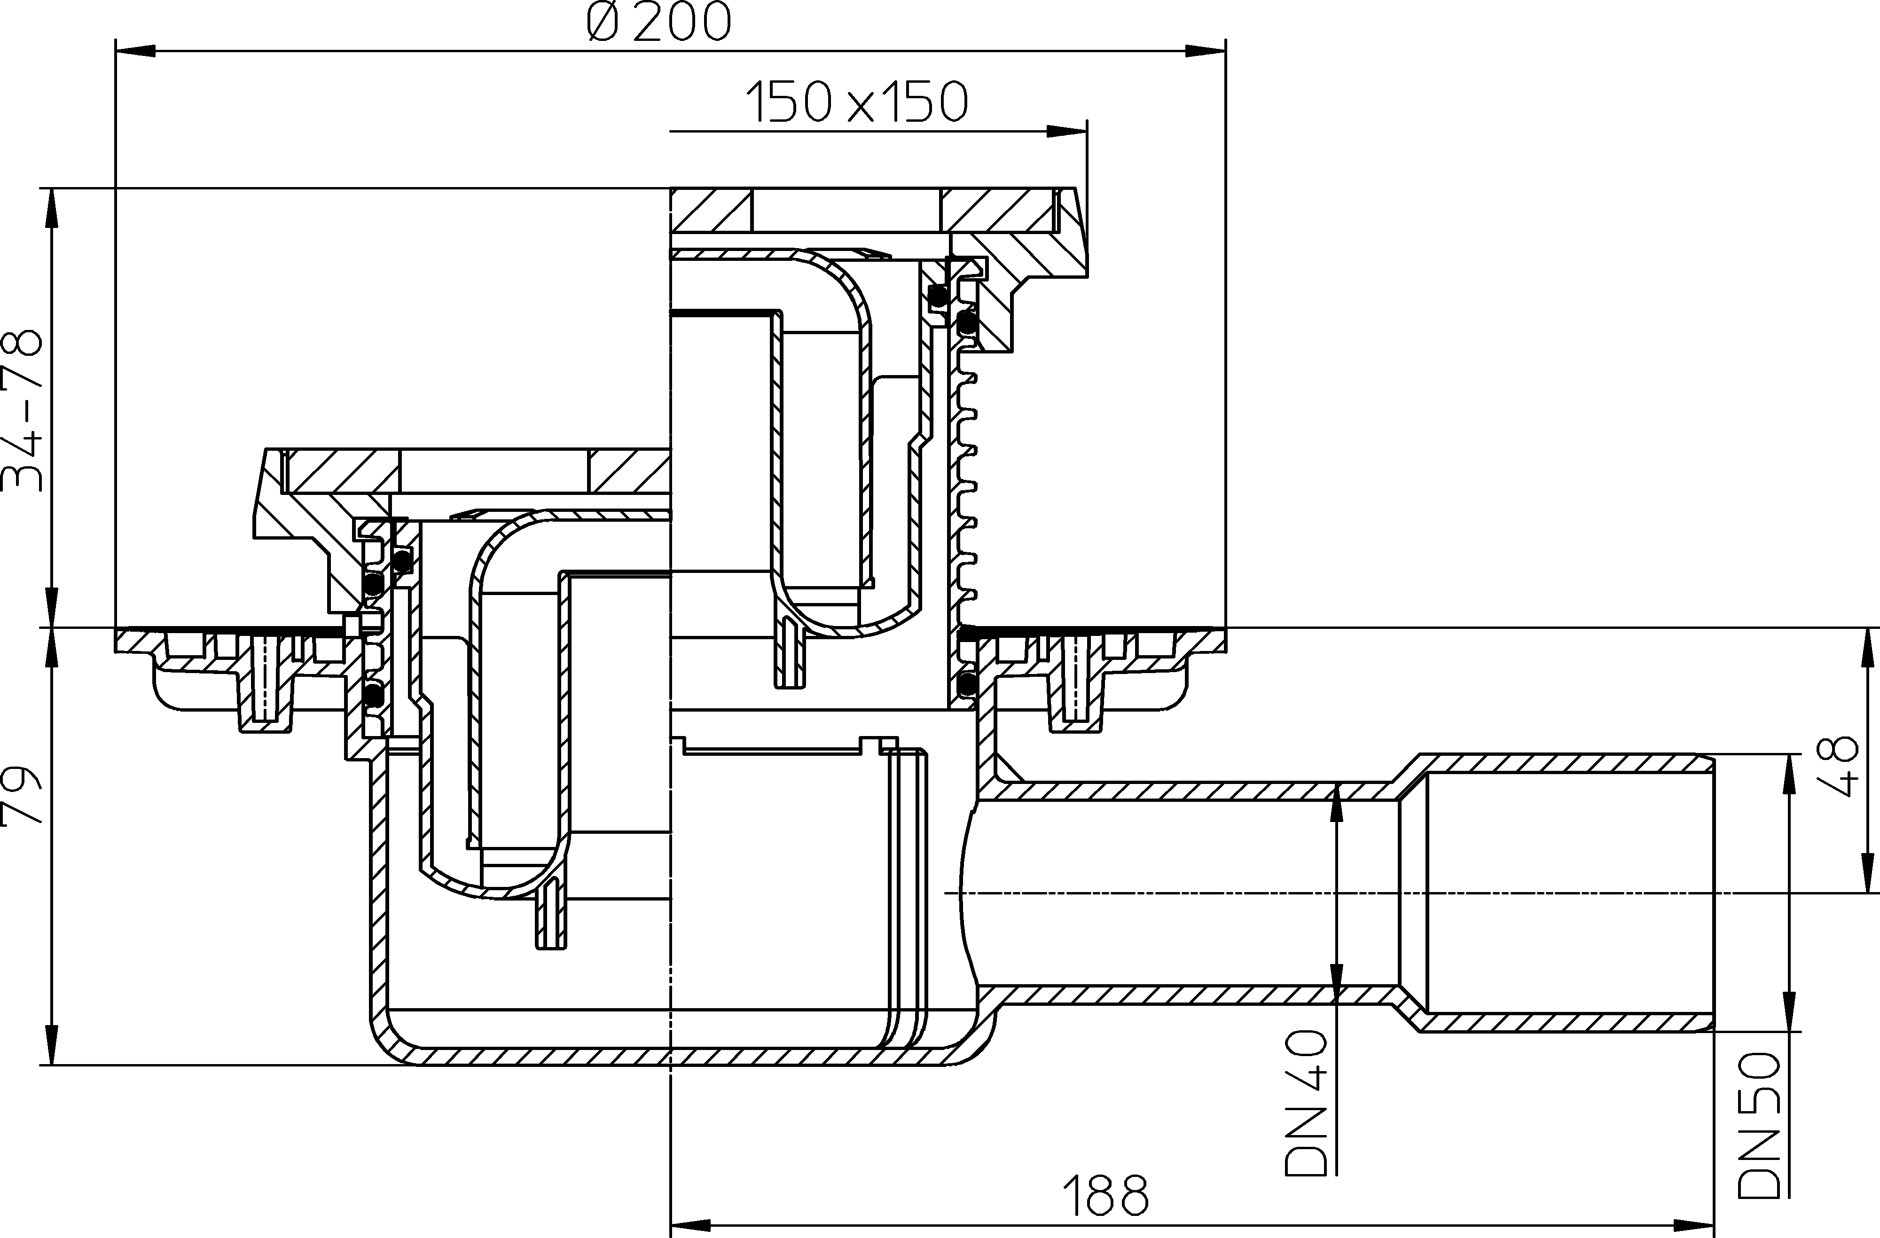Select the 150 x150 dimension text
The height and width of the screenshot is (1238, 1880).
(856, 102)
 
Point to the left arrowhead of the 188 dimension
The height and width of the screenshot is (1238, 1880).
(689, 1226)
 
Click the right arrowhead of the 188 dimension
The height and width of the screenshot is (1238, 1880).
(1694, 1226)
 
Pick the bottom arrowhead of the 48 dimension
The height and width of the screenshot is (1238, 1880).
(1869, 873)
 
